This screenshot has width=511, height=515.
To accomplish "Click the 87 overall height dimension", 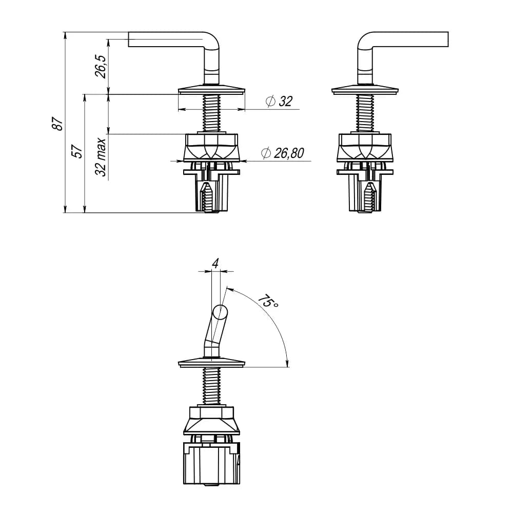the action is point(58,124).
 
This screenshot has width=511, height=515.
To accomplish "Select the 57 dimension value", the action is point(77,151).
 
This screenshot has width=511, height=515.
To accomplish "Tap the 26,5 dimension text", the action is point(101,66).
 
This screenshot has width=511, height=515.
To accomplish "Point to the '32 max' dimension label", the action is point(101,157).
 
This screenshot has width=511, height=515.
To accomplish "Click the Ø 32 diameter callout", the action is point(279,101).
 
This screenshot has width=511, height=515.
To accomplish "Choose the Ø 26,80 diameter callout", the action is point(282,153).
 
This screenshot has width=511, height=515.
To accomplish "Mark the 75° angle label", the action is point(268,302).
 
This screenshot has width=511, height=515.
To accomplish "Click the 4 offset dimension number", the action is point(215,263).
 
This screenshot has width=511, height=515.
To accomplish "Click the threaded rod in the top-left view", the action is point(211,113).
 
